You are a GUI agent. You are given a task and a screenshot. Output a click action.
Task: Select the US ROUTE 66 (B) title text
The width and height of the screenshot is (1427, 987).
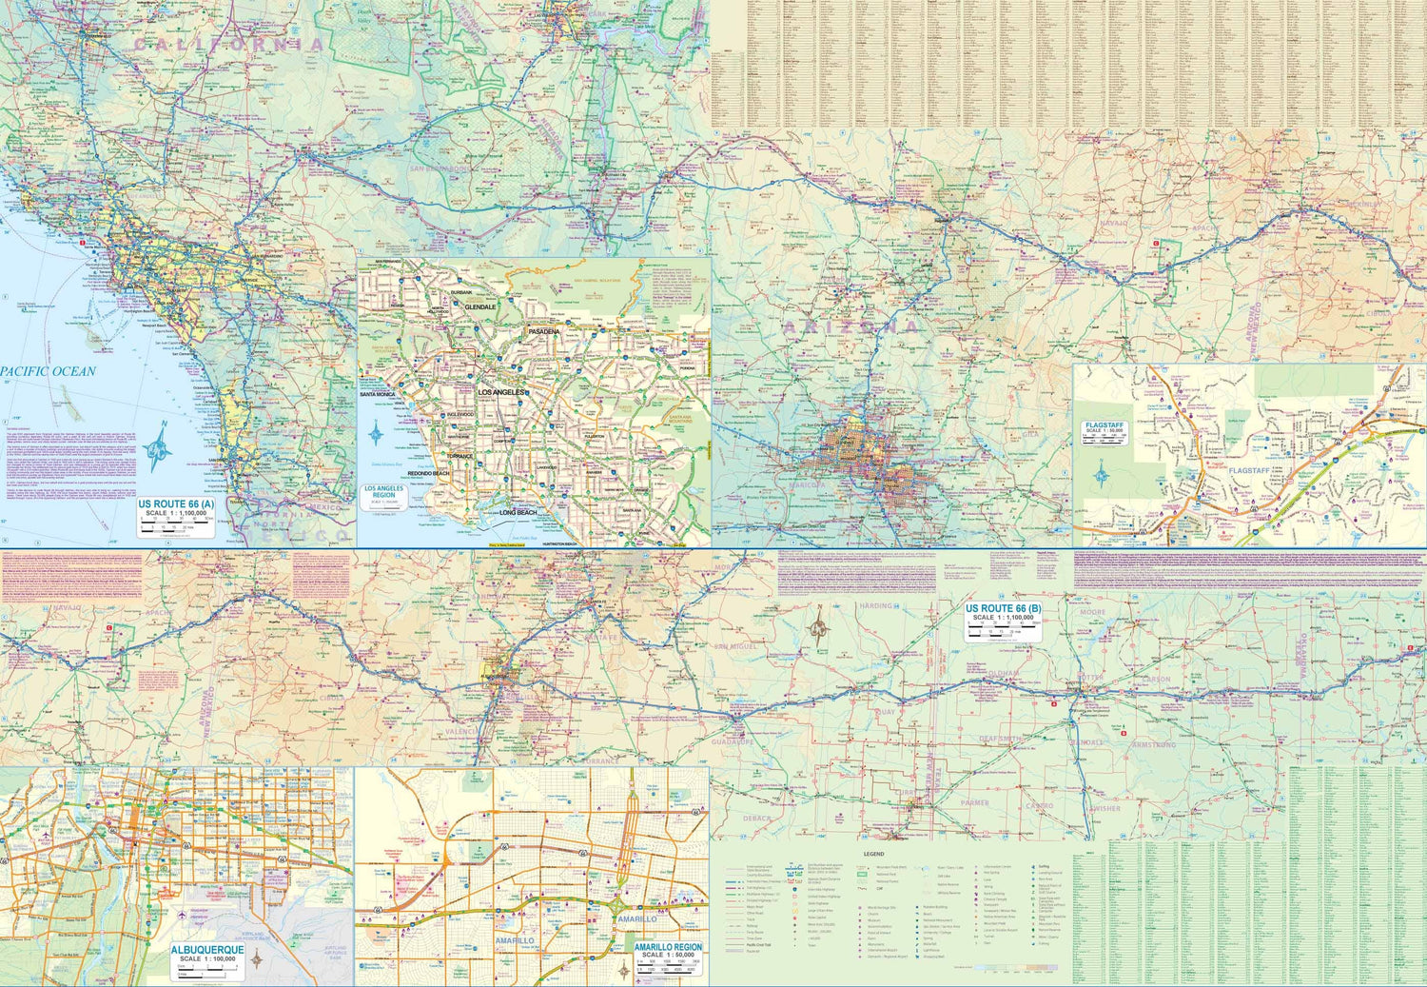(x=1003, y=608)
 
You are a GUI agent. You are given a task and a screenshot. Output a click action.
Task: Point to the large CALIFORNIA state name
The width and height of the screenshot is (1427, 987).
(x=228, y=44)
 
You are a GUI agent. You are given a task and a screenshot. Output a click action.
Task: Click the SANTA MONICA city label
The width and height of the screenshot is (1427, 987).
(x=378, y=393)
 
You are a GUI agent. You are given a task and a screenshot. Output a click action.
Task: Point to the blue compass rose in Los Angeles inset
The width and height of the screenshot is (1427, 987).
(x=378, y=434)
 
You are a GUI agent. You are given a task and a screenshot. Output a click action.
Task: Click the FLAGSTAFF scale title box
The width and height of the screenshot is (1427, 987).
(x=1106, y=429)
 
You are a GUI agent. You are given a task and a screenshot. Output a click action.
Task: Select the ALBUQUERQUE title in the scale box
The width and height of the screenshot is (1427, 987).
(x=206, y=950)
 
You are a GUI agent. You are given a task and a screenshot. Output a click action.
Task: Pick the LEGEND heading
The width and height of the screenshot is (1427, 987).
(x=874, y=855)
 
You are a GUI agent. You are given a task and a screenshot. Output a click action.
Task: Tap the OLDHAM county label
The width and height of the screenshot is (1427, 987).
(x=1000, y=673)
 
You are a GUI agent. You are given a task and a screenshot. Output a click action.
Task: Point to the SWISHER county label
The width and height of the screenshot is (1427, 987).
(x=1104, y=808)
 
